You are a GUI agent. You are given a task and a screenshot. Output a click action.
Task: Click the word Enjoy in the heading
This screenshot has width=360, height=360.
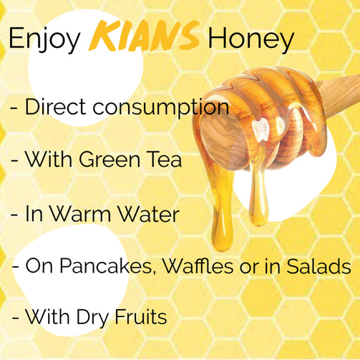[x=44, y=39]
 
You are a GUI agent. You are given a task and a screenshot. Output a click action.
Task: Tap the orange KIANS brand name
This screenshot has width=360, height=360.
[x=144, y=36]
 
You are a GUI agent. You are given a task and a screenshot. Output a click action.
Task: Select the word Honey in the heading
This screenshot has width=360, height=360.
[x=251, y=39]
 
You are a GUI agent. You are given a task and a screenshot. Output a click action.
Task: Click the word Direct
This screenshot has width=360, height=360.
[x=55, y=107]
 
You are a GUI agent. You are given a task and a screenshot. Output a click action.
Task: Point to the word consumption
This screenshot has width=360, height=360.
[x=161, y=108]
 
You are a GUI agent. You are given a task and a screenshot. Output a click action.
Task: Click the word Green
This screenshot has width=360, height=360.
[x=110, y=160]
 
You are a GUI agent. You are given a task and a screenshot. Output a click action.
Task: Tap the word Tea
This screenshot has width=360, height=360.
[x=165, y=160]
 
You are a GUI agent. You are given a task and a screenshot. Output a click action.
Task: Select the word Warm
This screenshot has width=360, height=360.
[x=80, y=213]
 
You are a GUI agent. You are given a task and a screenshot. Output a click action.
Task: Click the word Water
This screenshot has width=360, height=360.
[x=149, y=213]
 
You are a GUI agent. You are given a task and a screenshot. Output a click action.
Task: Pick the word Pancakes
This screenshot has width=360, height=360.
[x=106, y=266]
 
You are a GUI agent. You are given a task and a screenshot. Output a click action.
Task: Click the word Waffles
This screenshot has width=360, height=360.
[x=198, y=266]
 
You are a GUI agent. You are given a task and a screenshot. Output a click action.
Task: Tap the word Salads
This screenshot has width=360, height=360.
[x=318, y=266]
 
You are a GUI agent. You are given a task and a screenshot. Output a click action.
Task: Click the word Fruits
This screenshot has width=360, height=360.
[x=141, y=316]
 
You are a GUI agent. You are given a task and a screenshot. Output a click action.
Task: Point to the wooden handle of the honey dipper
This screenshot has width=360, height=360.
[x=340, y=94]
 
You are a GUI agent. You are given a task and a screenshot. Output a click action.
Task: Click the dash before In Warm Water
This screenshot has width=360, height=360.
[x=14, y=215]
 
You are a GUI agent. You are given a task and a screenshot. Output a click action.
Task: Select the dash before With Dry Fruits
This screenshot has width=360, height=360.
[x=16, y=318]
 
